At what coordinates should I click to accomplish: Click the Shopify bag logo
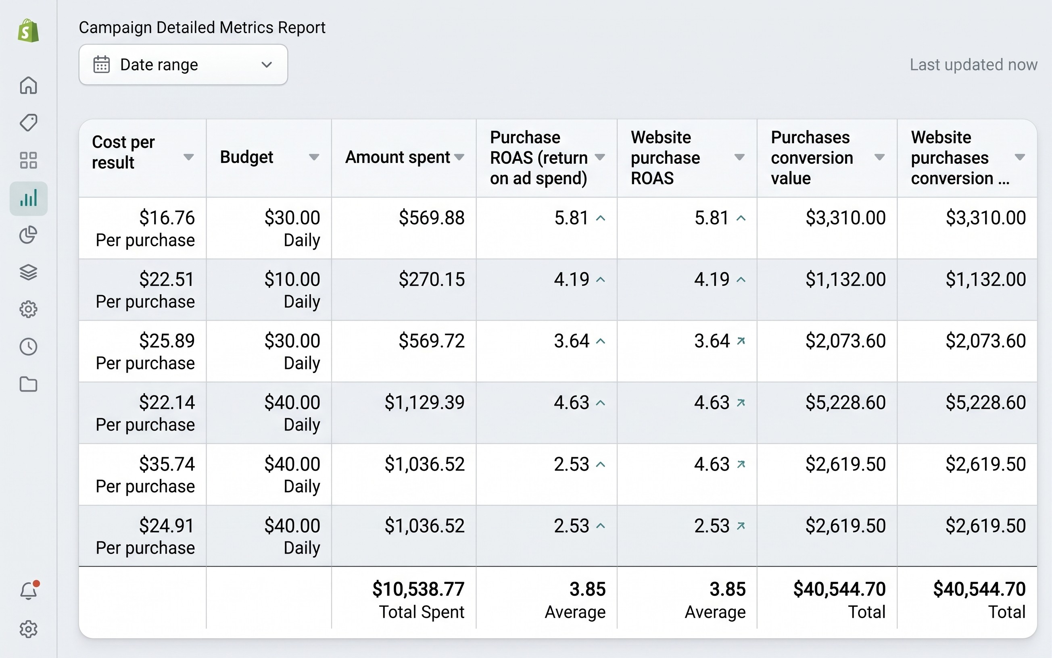28,31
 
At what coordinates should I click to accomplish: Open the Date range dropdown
183,65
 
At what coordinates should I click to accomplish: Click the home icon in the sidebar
28,85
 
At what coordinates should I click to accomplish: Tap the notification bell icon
29,591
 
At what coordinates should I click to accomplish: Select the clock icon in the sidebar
28,347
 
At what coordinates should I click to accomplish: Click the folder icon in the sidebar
28,384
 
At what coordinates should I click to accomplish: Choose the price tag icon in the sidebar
28,123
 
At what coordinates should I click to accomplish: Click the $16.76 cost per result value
167,217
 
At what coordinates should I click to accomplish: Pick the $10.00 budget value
292,279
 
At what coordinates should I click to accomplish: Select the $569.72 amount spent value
431,340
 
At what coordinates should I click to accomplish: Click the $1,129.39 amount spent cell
424,402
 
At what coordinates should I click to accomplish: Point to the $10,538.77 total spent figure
418,589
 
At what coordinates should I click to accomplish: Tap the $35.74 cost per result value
167,464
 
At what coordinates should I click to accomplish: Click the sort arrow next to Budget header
314,157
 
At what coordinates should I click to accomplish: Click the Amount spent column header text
397,157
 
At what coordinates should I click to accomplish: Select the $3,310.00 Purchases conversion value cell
845,217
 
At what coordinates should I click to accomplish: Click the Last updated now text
973,65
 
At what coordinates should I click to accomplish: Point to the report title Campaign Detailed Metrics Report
202,27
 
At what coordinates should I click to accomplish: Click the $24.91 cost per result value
167,525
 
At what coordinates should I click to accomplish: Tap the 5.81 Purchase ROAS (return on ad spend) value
571,217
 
